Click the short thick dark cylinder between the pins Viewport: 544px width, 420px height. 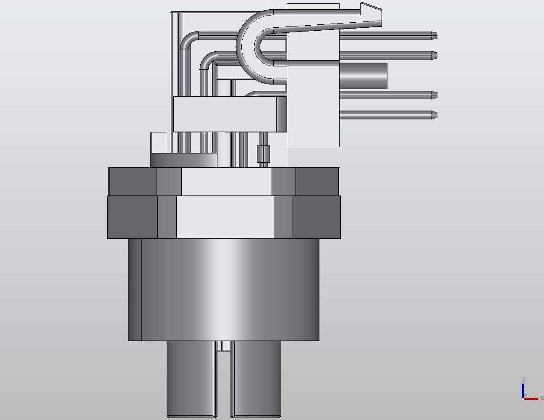click(x=363, y=76)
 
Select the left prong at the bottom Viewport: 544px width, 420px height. click(x=191, y=378)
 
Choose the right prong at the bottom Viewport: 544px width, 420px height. click(x=256, y=378)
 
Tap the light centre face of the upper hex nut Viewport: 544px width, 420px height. click(x=227, y=181)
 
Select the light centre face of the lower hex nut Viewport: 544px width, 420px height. click(x=225, y=217)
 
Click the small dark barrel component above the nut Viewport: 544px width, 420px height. click(x=263, y=154)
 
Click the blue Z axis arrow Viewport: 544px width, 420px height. click(x=523, y=387)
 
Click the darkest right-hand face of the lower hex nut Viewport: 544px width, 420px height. click(x=316, y=217)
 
